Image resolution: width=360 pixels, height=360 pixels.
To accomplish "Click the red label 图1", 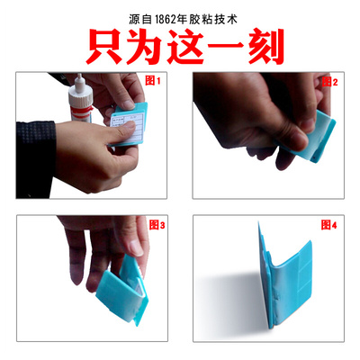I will (152, 81).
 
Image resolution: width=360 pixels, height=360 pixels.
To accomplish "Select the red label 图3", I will (155, 226).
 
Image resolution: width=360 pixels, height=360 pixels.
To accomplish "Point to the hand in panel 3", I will (94, 243).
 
